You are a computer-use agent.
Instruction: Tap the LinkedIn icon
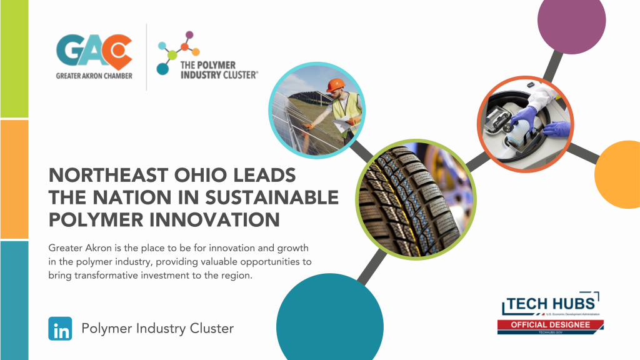pyautogui.click(x=61, y=329)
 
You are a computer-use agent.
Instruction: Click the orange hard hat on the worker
pyautogui.click(x=336, y=85)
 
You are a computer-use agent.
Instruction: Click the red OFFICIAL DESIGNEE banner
pyautogui.click(x=551, y=324)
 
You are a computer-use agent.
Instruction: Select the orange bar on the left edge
pyautogui.click(x=14, y=179)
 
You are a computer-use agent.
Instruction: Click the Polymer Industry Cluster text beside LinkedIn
pyautogui.click(x=157, y=329)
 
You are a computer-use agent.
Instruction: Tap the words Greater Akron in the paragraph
pyautogui.click(x=75, y=249)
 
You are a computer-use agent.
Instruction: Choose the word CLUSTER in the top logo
pyautogui.click(x=236, y=75)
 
